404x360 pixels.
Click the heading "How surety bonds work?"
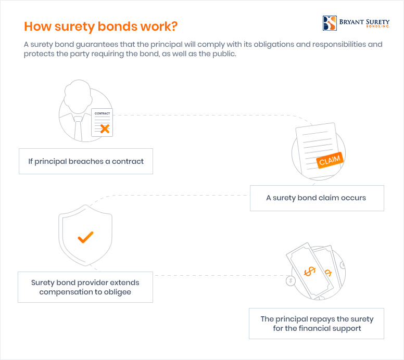pos(101,27)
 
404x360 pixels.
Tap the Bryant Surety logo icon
pos(330,23)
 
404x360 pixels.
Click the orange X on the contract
pos(105,128)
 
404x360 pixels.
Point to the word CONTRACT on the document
pos(102,113)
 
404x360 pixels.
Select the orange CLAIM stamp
pos(330,160)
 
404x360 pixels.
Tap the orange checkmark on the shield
pos(85,237)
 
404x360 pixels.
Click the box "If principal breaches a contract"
pos(86,161)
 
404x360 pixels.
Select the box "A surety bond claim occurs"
pos(317,198)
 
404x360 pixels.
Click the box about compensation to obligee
pos(85,287)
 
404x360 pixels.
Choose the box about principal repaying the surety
pos(317,324)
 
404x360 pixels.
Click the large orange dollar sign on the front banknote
pos(310,272)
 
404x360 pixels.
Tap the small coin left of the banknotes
pos(291,280)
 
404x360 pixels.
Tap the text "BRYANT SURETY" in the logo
pos(364,22)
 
